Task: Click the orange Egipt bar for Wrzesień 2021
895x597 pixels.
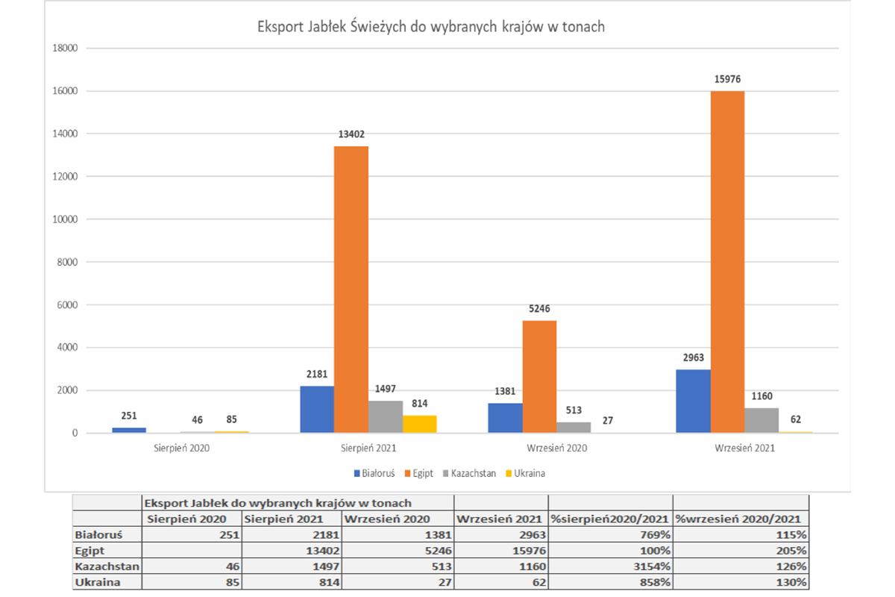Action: [x=727, y=261]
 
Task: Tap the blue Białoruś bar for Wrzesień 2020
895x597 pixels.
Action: [x=505, y=418]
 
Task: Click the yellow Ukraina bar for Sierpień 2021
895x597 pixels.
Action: [x=419, y=424]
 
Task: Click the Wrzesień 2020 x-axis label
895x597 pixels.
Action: [x=556, y=448]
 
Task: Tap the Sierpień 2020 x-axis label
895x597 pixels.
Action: [x=180, y=448]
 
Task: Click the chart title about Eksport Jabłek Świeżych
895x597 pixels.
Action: [x=431, y=28]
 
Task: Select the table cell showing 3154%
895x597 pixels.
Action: [x=609, y=566]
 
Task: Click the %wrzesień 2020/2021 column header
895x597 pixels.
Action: [x=741, y=519]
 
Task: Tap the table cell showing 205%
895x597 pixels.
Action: [x=741, y=551]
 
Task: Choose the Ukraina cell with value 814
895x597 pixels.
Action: [x=291, y=582]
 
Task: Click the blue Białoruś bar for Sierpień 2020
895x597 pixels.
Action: [x=129, y=430]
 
